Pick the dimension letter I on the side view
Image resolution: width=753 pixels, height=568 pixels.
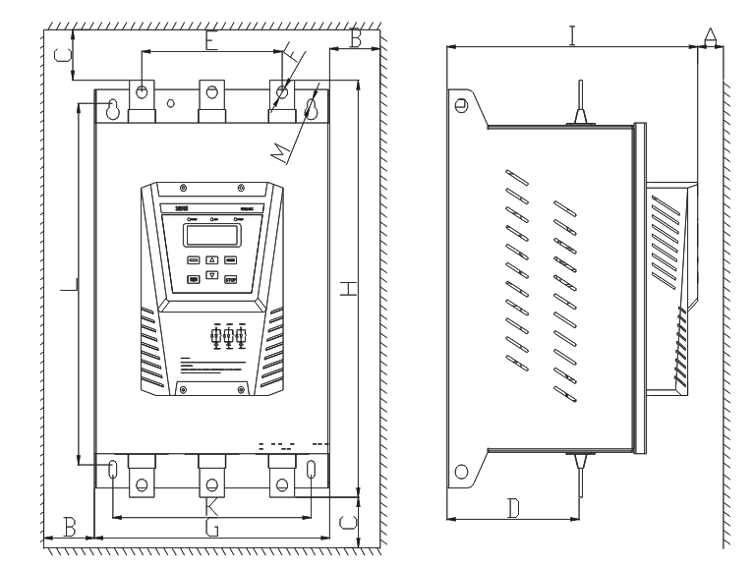pos(573,35)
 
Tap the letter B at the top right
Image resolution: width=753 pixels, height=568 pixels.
pos(356,38)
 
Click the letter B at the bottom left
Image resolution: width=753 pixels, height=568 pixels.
pos(70,527)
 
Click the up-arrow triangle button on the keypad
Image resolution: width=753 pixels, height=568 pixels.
pos(211,261)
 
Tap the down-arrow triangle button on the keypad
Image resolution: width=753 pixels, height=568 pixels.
pos(211,279)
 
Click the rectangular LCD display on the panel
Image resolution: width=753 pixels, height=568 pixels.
pos(209,235)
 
